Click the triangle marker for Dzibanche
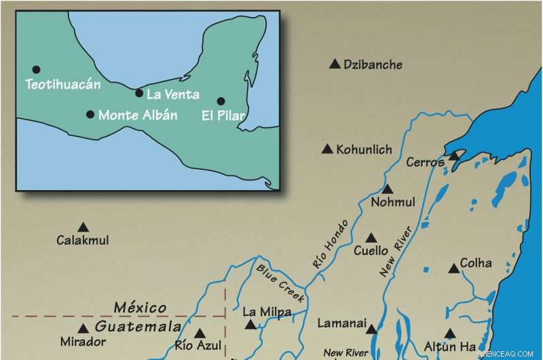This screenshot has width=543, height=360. pyautogui.click(x=334, y=64)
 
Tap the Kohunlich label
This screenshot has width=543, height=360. pyautogui.click(x=364, y=149)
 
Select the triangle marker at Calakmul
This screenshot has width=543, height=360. pyautogui.click(x=83, y=227)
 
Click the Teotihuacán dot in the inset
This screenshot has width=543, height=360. pyautogui.click(x=36, y=69)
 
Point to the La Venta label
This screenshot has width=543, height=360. pyautogui.click(x=172, y=94)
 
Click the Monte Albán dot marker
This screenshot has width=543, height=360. pyautogui.click(x=90, y=114)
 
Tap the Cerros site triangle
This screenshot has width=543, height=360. pyautogui.click(x=453, y=156)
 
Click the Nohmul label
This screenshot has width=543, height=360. pyautogui.click(x=394, y=202)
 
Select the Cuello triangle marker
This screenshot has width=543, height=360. pyautogui.click(x=371, y=238)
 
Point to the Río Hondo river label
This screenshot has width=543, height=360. pyautogui.click(x=330, y=243)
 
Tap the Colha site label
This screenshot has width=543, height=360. pyautogui.click(x=476, y=264)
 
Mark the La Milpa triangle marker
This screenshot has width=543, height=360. pyautogui.click(x=251, y=325)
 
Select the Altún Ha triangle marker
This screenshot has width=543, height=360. pyautogui.click(x=449, y=333)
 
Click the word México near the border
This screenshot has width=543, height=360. pyautogui.click(x=140, y=308)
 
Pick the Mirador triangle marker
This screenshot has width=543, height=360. pyautogui.click(x=83, y=329)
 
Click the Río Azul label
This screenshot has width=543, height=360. pyautogui.click(x=198, y=346)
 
